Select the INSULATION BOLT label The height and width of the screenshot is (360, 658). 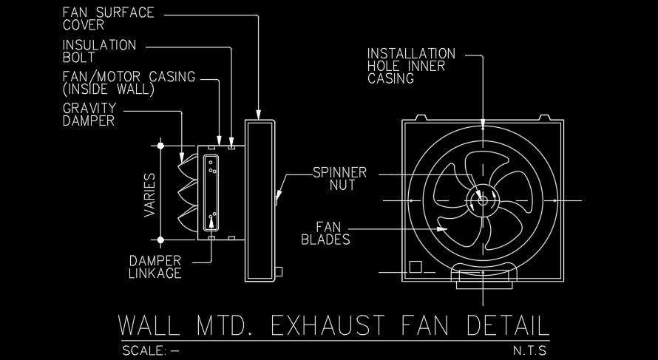click(99, 50)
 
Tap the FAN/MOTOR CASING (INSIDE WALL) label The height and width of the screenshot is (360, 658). click(118, 83)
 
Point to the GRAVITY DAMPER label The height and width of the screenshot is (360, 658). click(89, 115)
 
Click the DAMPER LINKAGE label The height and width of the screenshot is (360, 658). click(155, 267)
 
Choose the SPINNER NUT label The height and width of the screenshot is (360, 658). click(333, 179)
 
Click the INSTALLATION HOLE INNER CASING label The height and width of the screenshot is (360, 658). click(412, 66)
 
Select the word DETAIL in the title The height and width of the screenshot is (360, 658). click(508, 326)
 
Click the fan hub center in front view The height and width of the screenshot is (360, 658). click(482, 199)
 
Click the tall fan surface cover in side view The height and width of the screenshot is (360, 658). click(260, 199)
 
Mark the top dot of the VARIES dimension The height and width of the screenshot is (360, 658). click(161, 146)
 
